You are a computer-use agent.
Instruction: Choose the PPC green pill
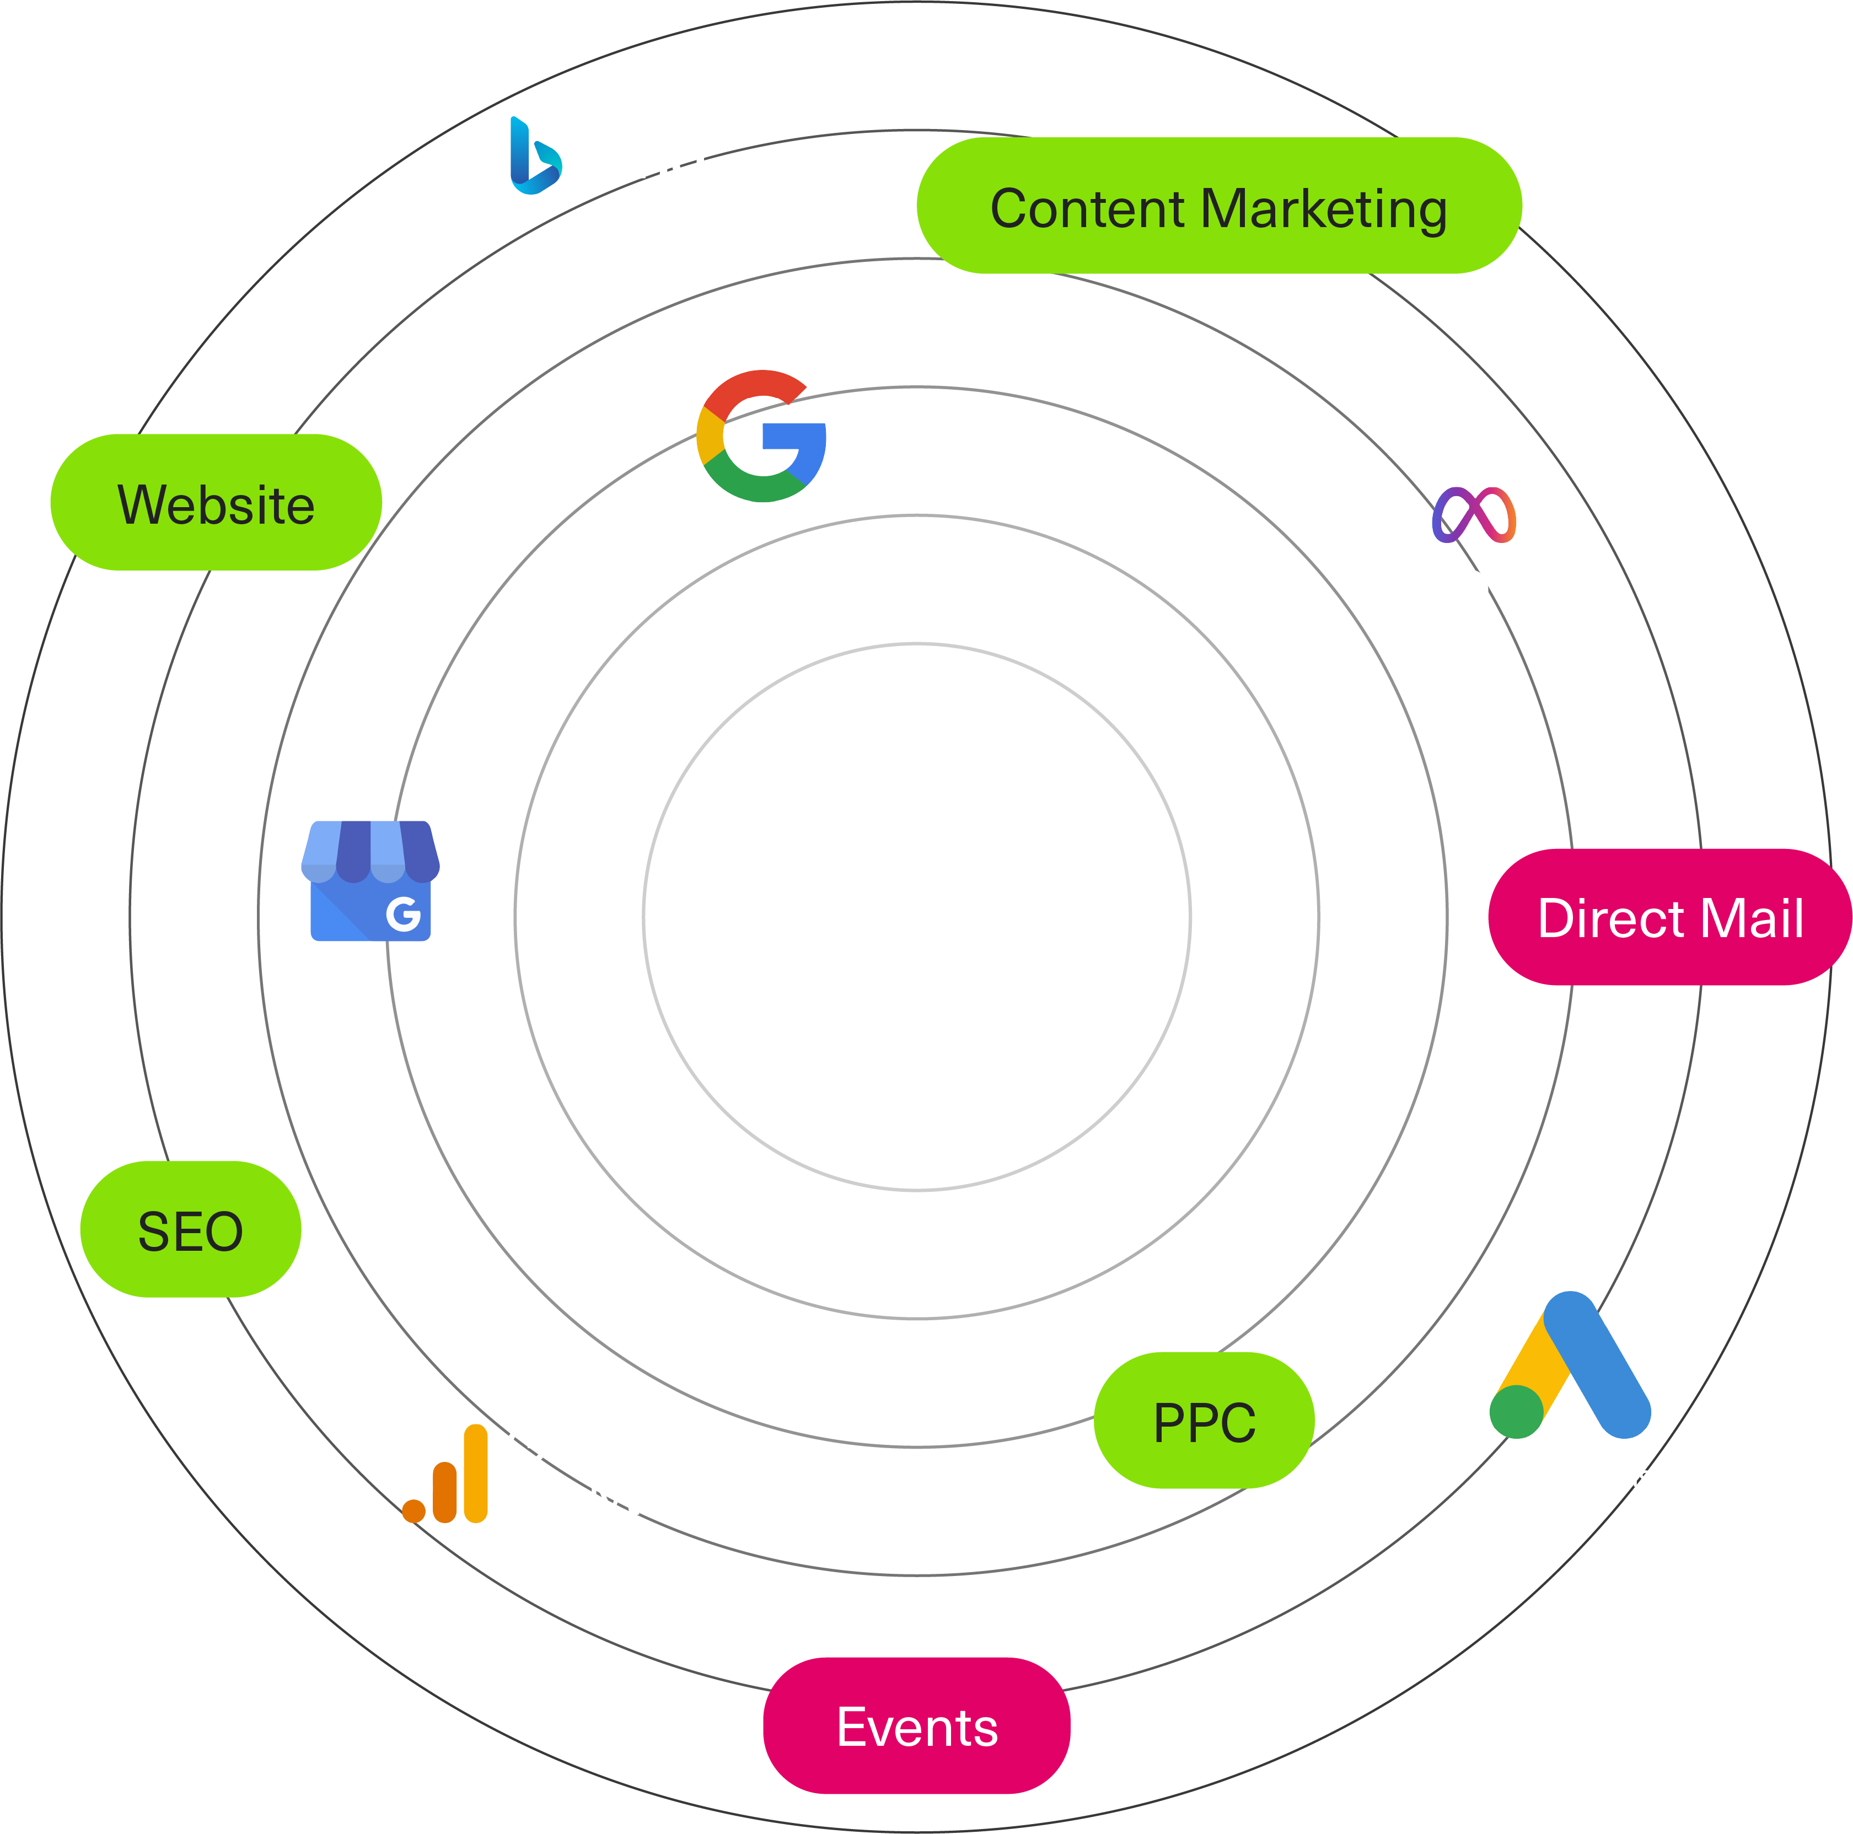click(1204, 1421)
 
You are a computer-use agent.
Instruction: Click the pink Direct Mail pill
click(1670, 917)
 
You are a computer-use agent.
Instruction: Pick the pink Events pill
click(917, 1725)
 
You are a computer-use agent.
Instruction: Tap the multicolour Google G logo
click(761, 435)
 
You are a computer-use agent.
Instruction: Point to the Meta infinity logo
click(1474, 515)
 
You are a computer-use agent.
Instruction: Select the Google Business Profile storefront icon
click(370, 880)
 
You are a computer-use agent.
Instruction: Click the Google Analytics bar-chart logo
click(445, 1473)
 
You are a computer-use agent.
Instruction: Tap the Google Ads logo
click(1570, 1365)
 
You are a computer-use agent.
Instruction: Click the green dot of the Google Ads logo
click(1516, 1412)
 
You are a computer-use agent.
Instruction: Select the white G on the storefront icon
click(404, 914)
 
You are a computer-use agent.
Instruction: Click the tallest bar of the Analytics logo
click(476, 1473)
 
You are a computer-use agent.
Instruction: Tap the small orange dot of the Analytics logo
click(413, 1512)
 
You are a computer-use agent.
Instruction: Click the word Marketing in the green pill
click(1324, 209)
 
